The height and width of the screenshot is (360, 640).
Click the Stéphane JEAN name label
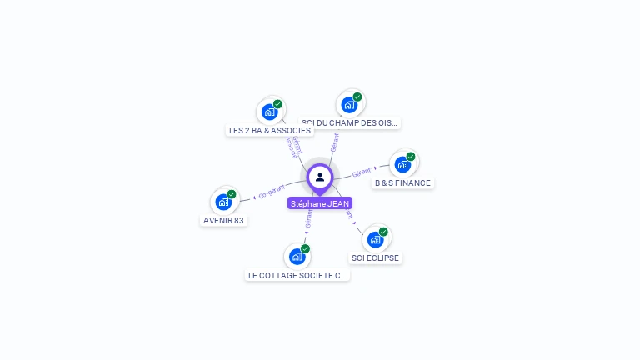[320, 203]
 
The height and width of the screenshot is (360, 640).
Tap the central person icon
[320, 177]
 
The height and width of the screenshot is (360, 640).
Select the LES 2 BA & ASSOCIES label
[269, 130]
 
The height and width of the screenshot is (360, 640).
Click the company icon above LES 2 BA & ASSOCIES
[269, 112]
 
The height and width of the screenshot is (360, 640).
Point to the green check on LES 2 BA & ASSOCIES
[278, 104]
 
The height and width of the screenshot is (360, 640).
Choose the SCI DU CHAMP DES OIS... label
[350, 122]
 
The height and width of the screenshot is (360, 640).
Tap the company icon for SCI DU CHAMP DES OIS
[349, 104]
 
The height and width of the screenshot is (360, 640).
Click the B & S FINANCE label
[402, 182]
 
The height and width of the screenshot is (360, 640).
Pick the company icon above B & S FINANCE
[402, 164]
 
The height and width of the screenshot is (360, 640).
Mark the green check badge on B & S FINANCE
[411, 157]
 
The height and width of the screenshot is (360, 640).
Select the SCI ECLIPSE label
[375, 257]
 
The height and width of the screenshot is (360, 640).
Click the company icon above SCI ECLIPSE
[375, 239]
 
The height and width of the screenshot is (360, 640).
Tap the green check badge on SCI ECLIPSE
[383, 232]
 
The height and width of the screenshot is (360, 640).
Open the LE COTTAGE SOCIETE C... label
[297, 275]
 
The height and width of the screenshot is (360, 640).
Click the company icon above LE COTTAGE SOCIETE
[297, 257]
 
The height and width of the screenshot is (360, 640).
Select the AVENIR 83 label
[223, 220]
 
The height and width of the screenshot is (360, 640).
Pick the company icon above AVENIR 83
[222, 202]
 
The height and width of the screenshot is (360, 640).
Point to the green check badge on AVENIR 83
[232, 194]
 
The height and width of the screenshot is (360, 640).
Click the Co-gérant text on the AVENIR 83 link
[272, 191]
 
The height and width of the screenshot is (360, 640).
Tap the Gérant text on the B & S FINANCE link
[361, 172]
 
